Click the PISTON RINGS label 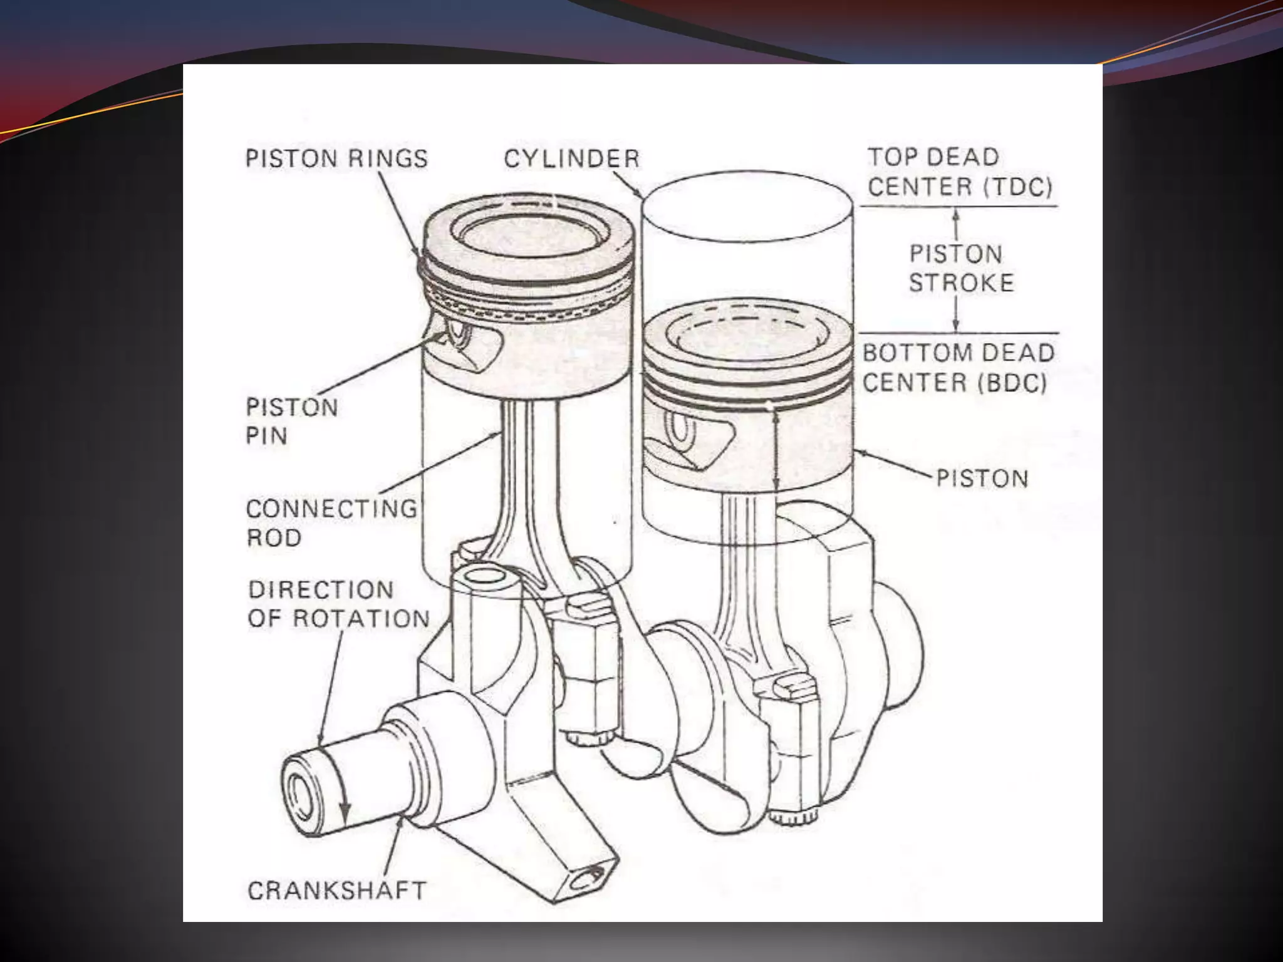pyautogui.click(x=336, y=158)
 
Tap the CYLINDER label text pyautogui.click(x=571, y=158)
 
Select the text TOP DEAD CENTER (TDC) pyautogui.click(x=960, y=172)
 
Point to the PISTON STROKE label pyautogui.click(x=961, y=268)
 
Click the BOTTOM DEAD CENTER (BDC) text pyautogui.click(x=958, y=368)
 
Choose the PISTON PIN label pyautogui.click(x=291, y=421)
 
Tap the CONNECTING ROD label pyautogui.click(x=331, y=522)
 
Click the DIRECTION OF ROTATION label pyautogui.click(x=339, y=604)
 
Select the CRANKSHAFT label pyautogui.click(x=336, y=891)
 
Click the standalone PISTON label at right pyautogui.click(x=982, y=479)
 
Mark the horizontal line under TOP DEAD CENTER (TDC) pyautogui.click(x=958, y=206)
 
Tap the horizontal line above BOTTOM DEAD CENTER pyautogui.click(x=958, y=333)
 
